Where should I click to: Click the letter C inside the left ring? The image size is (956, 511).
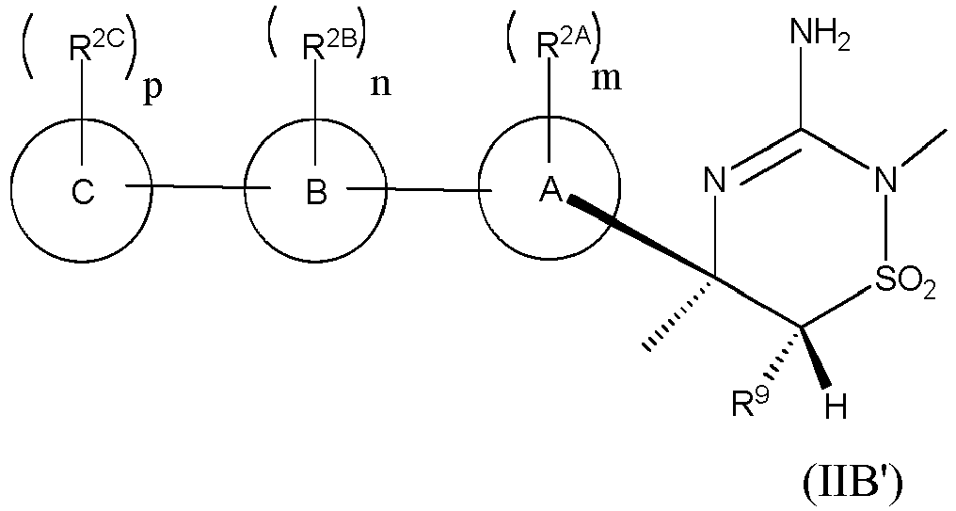tap(83, 193)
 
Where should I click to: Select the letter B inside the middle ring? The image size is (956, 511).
tap(316, 193)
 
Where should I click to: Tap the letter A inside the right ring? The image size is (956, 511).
tap(550, 193)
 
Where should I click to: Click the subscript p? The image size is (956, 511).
tap(151, 96)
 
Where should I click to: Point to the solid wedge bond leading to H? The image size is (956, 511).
tap(814, 358)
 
